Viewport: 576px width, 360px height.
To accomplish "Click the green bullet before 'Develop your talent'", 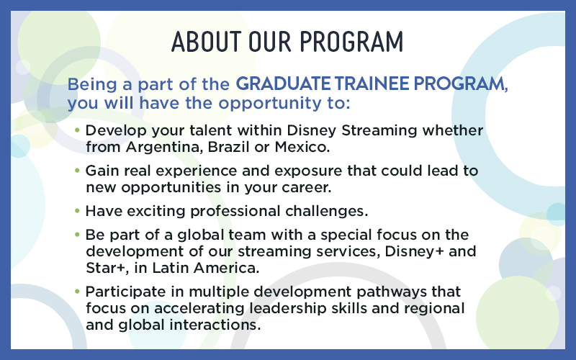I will tap(78, 132).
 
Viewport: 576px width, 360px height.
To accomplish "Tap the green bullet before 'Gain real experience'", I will tap(78, 172).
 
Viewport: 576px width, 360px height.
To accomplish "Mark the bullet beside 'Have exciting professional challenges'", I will tap(78, 212).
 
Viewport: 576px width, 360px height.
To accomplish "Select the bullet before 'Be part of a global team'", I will tap(78, 235).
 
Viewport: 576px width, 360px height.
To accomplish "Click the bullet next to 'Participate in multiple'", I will tap(78, 292).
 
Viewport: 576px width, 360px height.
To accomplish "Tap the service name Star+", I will tap(107, 267).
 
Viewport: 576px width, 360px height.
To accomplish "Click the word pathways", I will tap(400, 292).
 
